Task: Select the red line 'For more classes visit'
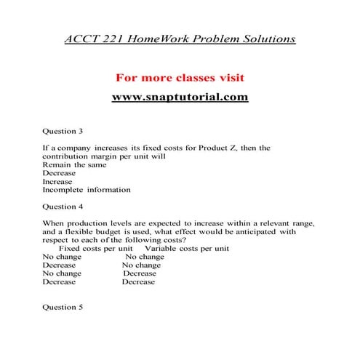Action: pos(180,76)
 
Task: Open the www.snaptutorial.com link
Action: pos(180,96)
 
